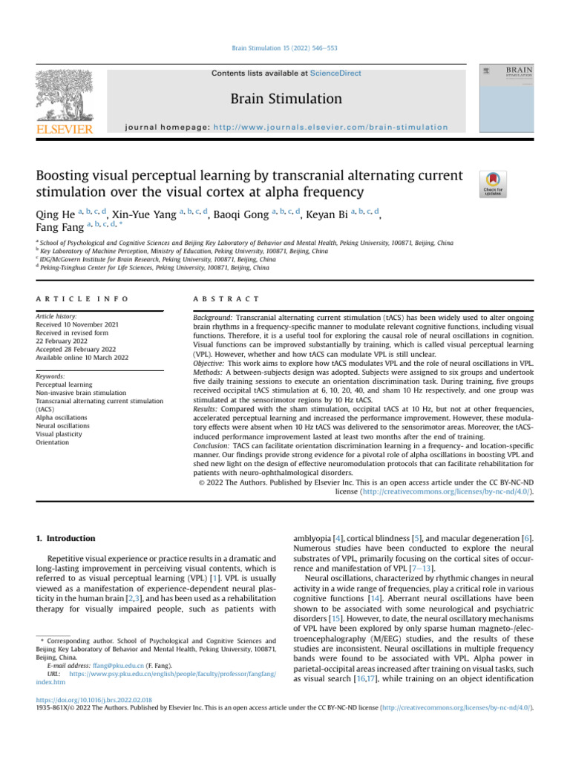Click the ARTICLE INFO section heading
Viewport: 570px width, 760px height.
pos(82,298)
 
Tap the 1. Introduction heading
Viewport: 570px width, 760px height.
pos(65,537)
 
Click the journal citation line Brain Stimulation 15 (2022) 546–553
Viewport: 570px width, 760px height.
pos(284,47)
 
